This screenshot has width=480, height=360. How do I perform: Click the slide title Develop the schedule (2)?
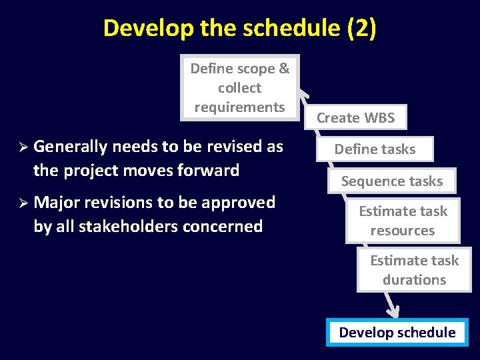240,28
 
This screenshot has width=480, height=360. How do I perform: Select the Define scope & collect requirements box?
240,87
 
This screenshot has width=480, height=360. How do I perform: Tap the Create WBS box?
355,118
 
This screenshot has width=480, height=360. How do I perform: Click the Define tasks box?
375,149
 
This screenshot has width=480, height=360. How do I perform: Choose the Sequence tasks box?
392,181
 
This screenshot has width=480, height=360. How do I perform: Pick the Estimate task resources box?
403,221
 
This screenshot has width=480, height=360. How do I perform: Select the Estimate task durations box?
414,270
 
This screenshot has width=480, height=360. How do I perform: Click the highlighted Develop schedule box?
397,333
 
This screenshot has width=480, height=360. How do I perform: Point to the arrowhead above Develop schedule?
393,310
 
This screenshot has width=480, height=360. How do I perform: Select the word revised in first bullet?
235,147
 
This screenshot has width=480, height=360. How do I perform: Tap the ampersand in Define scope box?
284,69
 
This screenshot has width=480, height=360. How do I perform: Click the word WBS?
379,118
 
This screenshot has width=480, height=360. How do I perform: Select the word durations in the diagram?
414,280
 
